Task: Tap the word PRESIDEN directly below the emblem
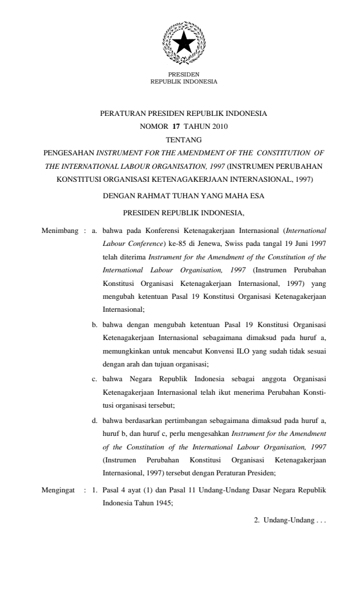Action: (184, 75)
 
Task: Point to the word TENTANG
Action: (184, 139)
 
